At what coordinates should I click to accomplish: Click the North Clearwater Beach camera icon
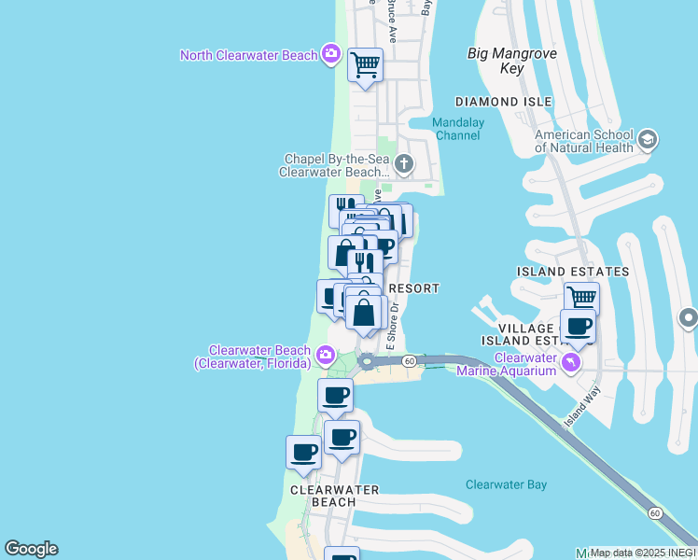(330, 54)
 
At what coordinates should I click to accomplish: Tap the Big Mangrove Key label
(510, 61)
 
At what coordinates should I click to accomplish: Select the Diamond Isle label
(503, 101)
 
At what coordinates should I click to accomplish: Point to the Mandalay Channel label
(456, 129)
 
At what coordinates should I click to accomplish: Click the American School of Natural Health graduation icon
(648, 140)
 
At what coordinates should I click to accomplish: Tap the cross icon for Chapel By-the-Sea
(403, 165)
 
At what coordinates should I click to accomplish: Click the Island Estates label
(573, 272)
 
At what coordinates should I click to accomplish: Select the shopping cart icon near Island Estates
(581, 298)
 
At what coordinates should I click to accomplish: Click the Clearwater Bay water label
(506, 484)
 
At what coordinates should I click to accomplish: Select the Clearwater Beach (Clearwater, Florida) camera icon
(325, 355)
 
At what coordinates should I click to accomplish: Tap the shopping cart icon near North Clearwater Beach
(365, 65)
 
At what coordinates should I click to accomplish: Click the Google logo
(31, 549)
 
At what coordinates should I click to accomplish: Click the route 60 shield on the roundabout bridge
(409, 360)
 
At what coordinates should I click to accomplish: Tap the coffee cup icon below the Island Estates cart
(578, 326)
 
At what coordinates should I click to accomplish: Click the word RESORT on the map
(412, 288)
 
